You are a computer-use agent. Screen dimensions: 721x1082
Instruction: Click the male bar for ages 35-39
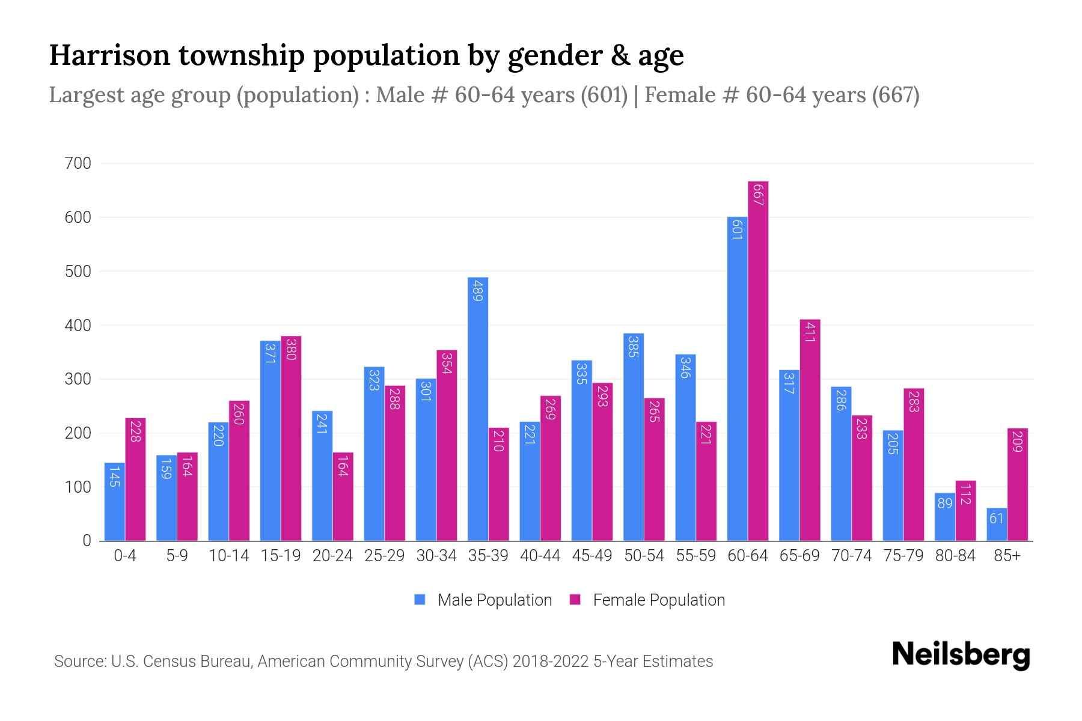click(478, 409)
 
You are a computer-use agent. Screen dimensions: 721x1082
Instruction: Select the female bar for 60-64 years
click(758, 360)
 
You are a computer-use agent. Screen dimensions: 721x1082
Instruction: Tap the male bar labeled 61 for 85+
click(997, 524)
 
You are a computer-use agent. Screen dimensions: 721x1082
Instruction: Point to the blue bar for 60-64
click(737, 379)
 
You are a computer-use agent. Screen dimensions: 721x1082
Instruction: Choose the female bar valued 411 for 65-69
click(810, 430)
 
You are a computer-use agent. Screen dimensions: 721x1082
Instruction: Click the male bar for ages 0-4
click(114, 502)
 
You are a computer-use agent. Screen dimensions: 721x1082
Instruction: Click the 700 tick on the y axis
click(78, 163)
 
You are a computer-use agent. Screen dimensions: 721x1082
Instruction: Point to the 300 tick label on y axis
click(78, 379)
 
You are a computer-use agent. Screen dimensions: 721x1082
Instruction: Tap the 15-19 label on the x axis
click(281, 556)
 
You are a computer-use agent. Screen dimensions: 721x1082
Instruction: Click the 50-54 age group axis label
click(644, 556)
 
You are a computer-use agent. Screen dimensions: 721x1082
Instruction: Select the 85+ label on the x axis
click(1007, 556)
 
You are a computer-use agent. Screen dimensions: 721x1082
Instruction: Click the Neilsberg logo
click(961, 655)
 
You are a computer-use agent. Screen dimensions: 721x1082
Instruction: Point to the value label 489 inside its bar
click(478, 290)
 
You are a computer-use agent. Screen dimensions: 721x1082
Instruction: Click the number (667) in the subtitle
click(896, 95)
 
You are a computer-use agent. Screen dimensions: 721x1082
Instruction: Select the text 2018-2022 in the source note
click(551, 662)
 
